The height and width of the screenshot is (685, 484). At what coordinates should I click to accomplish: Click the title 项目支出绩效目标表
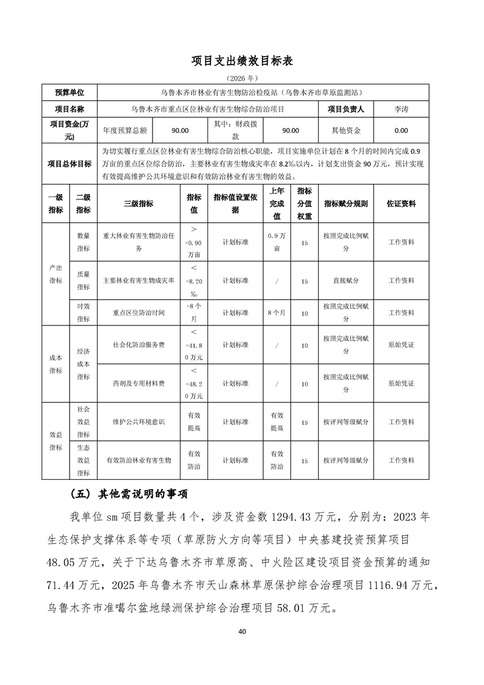pos(242,60)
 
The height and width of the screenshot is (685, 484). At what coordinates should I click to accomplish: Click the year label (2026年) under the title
pos(242,78)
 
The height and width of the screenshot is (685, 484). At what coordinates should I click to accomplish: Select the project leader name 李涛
pos(401,110)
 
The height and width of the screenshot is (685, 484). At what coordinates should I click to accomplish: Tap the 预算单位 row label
pos(70,93)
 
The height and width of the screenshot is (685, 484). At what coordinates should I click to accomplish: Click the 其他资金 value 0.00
pos(401,130)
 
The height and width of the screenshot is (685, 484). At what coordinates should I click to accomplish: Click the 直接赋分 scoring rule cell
pos(346,281)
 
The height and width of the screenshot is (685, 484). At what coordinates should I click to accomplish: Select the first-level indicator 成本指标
pos(56,364)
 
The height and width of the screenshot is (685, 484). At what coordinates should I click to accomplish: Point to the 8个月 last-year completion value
pos(276,313)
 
